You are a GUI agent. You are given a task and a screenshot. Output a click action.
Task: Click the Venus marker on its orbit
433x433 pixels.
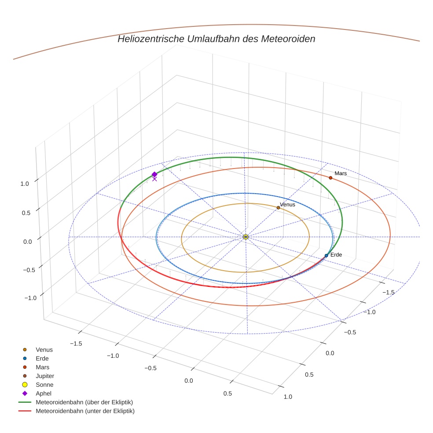278,208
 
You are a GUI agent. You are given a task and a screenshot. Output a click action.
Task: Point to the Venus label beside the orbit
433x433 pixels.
287,204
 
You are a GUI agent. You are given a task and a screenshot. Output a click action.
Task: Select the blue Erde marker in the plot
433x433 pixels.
326,256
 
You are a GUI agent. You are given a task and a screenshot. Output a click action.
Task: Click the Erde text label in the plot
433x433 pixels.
336,255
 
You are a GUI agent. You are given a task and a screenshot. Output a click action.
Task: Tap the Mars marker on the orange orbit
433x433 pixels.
330,178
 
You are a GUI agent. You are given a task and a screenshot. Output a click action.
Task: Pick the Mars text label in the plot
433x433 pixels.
341,173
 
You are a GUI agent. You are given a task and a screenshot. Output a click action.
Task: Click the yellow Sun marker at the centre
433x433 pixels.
246,237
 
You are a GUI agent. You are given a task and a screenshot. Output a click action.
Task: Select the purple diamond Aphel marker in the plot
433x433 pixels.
154,174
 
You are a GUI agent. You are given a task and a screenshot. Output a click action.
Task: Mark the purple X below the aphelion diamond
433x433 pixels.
154,179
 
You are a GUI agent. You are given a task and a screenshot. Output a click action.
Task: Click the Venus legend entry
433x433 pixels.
44,350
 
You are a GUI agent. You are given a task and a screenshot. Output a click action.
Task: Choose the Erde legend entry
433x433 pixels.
42,359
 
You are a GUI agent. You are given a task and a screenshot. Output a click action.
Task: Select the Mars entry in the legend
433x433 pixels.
43,367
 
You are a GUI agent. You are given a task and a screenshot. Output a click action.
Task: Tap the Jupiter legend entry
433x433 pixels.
45,376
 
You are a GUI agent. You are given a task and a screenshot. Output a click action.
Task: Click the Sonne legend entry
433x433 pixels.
44,385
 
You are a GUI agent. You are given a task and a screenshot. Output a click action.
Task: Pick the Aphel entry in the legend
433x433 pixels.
44,393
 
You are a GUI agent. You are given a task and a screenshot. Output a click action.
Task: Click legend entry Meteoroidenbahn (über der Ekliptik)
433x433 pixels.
84,402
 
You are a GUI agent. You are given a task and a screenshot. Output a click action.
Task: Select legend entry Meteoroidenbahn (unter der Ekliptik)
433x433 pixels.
85,411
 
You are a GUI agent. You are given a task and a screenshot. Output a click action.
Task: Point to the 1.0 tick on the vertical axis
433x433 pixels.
25,184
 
